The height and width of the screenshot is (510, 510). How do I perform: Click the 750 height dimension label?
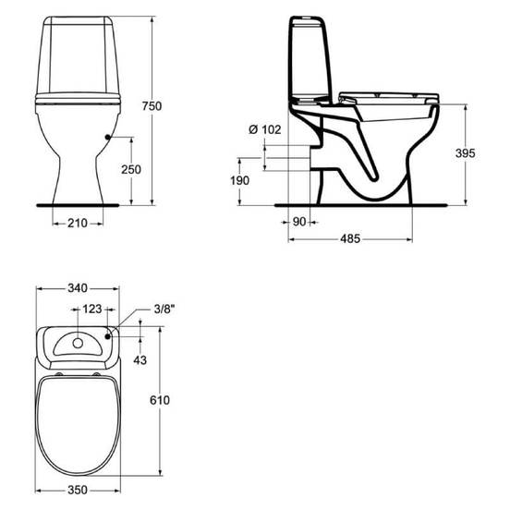click(x=152, y=106)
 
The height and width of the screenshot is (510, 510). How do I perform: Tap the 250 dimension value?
click(x=131, y=169)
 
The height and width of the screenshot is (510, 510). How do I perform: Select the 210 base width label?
click(x=78, y=224)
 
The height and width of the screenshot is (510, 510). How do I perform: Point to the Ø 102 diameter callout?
click(x=265, y=129)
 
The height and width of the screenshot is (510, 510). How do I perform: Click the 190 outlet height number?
click(x=239, y=180)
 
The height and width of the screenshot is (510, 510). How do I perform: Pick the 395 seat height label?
click(x=465, y=153)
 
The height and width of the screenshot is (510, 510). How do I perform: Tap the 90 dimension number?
click(x=299, y=222)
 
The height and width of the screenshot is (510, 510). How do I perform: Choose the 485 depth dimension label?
click(x=350, y=238)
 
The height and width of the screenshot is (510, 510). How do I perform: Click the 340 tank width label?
click(x=78, y=288)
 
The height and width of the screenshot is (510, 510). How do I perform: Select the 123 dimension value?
click(x=92, y=309)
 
